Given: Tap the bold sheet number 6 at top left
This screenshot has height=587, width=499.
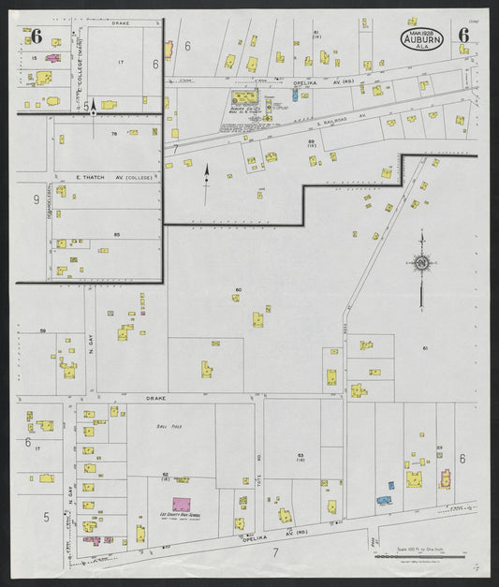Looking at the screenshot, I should tap(37, 37).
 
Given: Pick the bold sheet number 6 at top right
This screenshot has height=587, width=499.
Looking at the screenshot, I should tap(463, 36).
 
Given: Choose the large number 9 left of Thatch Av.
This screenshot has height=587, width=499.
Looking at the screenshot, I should tap(36, 199).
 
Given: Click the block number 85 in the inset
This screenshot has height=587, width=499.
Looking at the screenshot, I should tap(116, 234).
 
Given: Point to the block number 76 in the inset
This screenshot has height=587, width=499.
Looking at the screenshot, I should tap(114, 135).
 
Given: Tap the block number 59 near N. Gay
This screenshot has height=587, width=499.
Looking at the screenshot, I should tap(43, 331).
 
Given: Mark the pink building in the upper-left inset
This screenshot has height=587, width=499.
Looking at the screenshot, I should tap(53, 58).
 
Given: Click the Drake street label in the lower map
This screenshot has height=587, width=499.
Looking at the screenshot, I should tap(155, 398).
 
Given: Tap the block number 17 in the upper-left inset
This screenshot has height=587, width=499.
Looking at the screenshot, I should tap(121, 62).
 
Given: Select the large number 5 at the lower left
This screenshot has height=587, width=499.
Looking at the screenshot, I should tap(45, 516).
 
